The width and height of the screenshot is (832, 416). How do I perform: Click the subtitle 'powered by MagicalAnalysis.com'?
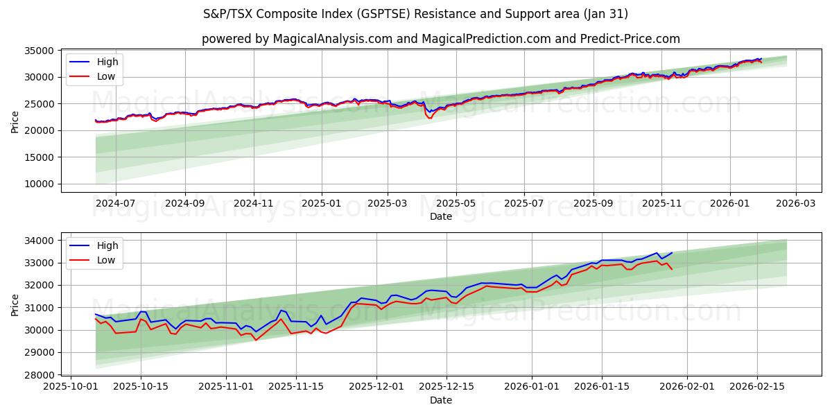point(440,39)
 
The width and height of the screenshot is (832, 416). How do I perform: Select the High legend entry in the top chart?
point(107,62)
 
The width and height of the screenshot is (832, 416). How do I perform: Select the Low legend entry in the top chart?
point(105,77)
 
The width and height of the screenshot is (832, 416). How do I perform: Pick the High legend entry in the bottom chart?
point(107,245)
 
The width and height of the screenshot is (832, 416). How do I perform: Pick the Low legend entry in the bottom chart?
point(105,260)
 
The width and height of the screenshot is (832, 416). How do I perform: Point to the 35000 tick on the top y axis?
point(40,51)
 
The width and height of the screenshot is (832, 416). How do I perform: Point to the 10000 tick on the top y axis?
point(40,184)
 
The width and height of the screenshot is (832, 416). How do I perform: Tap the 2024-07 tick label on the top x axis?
point(115,204)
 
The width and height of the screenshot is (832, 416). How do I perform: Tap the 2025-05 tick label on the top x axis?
point(456,204)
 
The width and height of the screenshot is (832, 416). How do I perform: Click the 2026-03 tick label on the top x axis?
point(795,204)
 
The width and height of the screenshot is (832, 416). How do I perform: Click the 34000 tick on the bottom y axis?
point(40,241)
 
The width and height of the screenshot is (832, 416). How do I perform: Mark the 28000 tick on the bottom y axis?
point(40,374)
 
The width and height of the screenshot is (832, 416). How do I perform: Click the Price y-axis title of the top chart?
point(15,121)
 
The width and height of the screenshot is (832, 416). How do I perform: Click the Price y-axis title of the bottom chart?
point(15,304)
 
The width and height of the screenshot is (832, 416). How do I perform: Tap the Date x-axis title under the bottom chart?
point(440,400)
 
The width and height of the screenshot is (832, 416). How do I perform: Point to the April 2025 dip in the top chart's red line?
point(430,118)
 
